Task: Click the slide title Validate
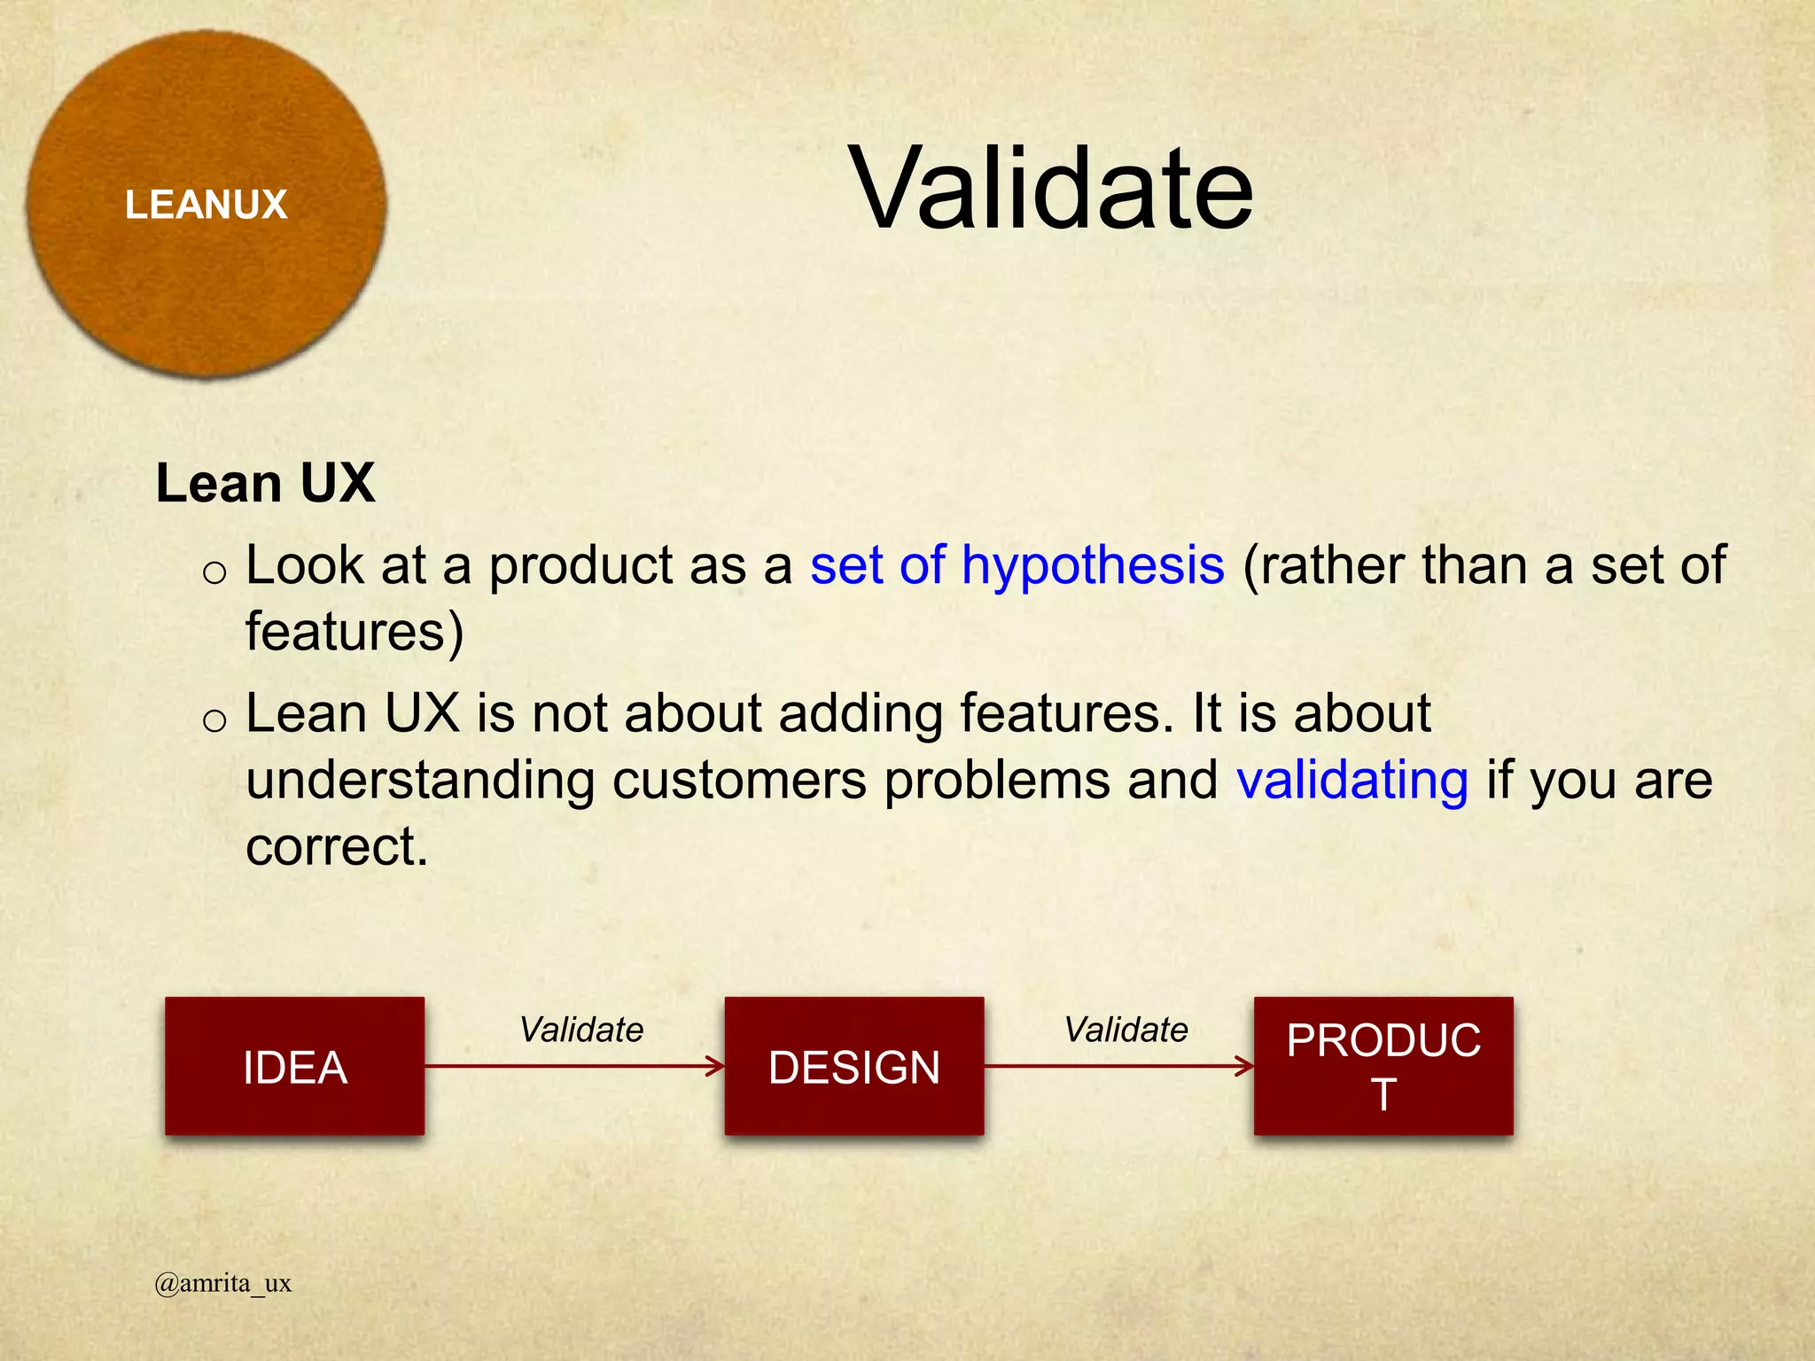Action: click(x=1051, y=189)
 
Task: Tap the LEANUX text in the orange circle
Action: click(x=206, y=205)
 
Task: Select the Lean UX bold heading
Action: click(x=265, y=484)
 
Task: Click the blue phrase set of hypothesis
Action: click(x=1017, y=565)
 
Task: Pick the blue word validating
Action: click(x=1352, y=781)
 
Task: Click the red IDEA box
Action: click(x=294, y=1066)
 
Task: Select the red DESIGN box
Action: click(x=853, y=1066)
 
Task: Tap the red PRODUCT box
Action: click(x=1383, y=1066)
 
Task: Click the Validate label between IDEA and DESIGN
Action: click(x=581, y=1030)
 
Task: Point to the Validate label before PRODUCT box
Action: click(x=1126, y=1030)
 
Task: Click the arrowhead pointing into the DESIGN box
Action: click(x=716, y=1066)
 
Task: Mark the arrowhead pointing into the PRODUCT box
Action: click(x=1245, y=1066)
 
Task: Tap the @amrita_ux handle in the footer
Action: click(x=222, y=1283)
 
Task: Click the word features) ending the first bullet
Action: click(x=354, y=632)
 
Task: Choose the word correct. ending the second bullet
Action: click(x=337, y=847)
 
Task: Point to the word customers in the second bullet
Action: click(x=739, y=781)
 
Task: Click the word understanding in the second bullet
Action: click(x=420, y=781)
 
